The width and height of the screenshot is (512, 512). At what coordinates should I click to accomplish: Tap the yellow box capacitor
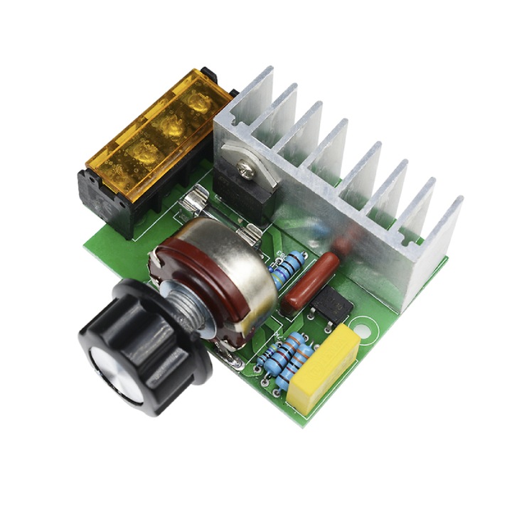point(324,368)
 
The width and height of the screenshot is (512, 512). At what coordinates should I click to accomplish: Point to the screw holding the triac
point(246,169)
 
